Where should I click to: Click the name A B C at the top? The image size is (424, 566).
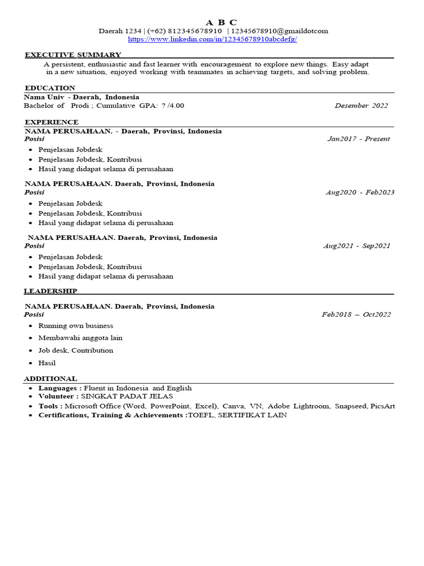pos(221,22)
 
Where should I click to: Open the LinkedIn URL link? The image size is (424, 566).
pos(212,39)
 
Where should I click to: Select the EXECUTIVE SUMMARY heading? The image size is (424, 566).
pos(73,55)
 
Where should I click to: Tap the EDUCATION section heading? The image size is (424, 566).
pos(50,88)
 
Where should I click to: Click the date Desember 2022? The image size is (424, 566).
pos(361,106)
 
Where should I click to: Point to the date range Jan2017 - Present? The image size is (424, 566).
pos(358,139)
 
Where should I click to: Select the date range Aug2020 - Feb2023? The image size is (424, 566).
pos(360,192)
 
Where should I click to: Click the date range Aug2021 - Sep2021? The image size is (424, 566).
pos(357,246)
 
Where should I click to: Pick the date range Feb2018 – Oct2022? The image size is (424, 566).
pos(356,315)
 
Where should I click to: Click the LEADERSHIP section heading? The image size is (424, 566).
pos(50,291)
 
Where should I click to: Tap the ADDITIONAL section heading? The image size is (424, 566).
pos(50,379)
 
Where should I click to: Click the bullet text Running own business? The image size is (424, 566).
pos(76,326)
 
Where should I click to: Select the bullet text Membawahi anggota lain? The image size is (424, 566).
pos(80,338)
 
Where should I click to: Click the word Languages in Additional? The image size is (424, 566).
pos(58,388)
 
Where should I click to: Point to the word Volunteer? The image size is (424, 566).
pos(56,397)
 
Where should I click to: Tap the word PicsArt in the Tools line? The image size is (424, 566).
pos(383,406)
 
